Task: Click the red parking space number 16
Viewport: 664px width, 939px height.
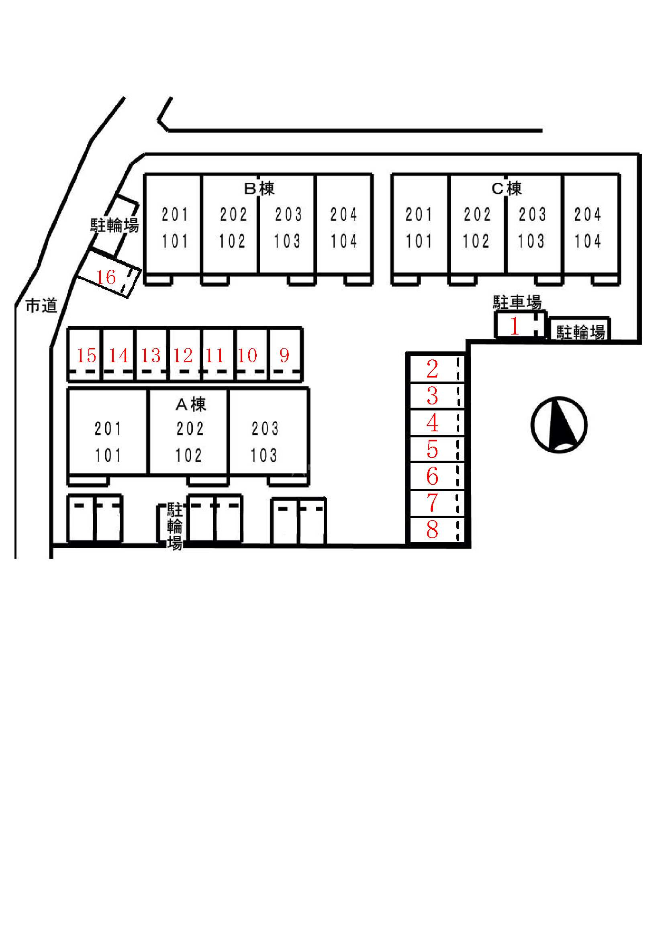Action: click(x=106, y=278)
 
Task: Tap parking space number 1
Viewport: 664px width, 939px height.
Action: click(x=515, y=326)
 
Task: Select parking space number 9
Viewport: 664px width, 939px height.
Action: click(x=284, y=355)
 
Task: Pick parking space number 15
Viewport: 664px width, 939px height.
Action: click(x=86, y=355)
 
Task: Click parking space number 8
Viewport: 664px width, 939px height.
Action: click(x=433, y=530)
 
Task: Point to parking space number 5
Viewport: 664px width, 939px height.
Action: click(x=433, y=449)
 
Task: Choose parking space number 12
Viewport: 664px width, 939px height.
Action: click(x=183, y=355)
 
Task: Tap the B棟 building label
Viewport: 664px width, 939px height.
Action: click(x=259, y=188)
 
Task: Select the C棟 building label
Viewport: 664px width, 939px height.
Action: click(x=507, y=188)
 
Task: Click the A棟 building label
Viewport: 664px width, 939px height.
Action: click(x=191, y=404)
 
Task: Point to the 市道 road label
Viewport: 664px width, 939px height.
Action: click(x=41, y=306)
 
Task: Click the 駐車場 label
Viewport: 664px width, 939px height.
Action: click(x=517, y=302)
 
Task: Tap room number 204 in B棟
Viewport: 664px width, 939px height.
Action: click(x=344, y=214)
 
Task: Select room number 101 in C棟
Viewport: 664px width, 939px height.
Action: click(x=419, y=241)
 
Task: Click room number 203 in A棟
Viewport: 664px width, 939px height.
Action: click(x=265, y=429)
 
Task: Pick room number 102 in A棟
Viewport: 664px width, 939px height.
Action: click(x=189, y=455)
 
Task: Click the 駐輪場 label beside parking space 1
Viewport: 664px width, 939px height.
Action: click(x=580, y=332)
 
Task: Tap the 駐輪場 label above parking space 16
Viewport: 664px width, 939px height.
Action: click(x=114, y=225)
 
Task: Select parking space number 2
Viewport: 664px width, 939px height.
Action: click(x=433, y=369)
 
